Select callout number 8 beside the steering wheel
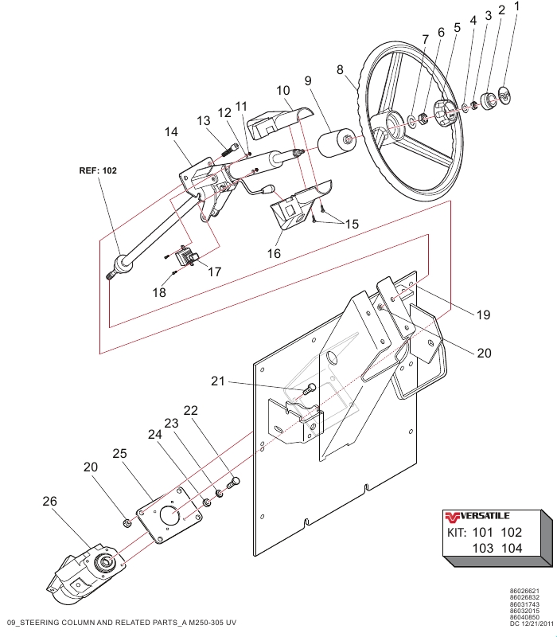coord(341,70)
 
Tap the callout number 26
coord(49,502)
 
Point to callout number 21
coord(219,381)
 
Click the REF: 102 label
coord(98,170)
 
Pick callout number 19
coord(484,315)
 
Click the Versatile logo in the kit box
coord(477,514)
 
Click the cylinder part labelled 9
coord(338,147)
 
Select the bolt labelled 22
coord(233,481)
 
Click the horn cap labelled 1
coord(503,98)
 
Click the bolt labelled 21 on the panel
coord(310,389)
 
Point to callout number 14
coord(172,133)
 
